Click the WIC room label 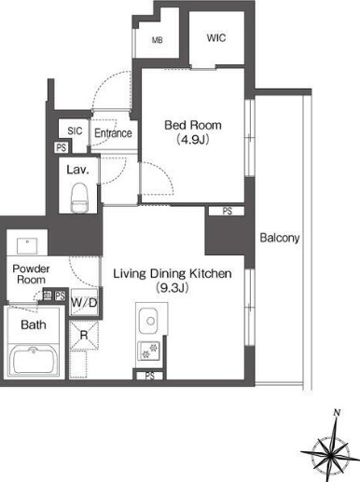coord(216,38)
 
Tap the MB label coord(158,40)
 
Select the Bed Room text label coord(193,125)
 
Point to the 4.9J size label coord(193,140)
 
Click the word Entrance coord(113,133)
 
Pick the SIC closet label coord(75,131)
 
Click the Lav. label coord(77,170)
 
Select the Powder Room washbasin coord(27,246)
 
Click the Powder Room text coord(31,274)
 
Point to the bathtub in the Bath coord(34,361)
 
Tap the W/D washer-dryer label coord(84,302)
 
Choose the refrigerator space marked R coord(84,336)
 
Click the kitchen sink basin coord(148,321)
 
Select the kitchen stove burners coord(148,351)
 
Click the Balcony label coord(280,238)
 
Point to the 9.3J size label coord(173,288)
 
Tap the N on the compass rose coord(336,413)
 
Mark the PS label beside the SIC coord(62,147)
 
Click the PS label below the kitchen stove coord(149,376)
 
